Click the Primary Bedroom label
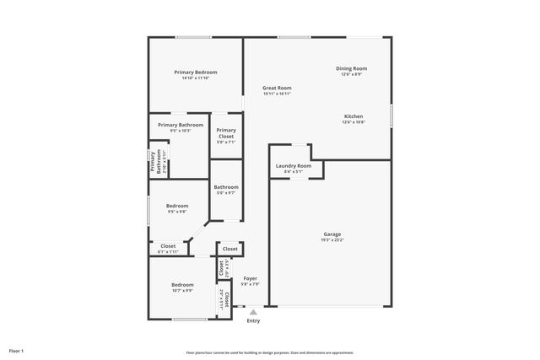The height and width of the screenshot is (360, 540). (196, 73)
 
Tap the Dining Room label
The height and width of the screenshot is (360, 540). (352, 68)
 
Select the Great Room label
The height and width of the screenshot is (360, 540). (277, 88)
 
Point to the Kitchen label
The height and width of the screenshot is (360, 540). (354, 116)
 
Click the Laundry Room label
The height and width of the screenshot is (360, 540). (294, 166)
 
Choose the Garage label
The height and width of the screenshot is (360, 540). (332, 234)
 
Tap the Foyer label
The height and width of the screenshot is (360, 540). (251, 278)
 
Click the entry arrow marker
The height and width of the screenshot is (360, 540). (252, 312)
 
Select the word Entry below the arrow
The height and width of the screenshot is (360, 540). (253, 321)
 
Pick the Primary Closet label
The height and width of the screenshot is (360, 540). (226, 133)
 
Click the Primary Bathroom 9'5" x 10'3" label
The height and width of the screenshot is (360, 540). (180, 125)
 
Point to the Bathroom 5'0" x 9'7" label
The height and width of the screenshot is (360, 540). (225, 187)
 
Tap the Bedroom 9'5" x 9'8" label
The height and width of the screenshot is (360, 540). (177, 206)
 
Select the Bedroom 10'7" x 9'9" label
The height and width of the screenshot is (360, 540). (183, 285)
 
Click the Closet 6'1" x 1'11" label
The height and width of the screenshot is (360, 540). (168, 246)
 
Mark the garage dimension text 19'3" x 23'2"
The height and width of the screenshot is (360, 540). (332, 239)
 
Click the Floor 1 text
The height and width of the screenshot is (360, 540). (16, 351)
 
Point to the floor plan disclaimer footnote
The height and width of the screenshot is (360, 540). (270, 352)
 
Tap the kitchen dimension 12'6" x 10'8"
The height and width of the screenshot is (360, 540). (354, 122)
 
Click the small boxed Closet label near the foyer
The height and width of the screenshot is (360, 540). (230, 250)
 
